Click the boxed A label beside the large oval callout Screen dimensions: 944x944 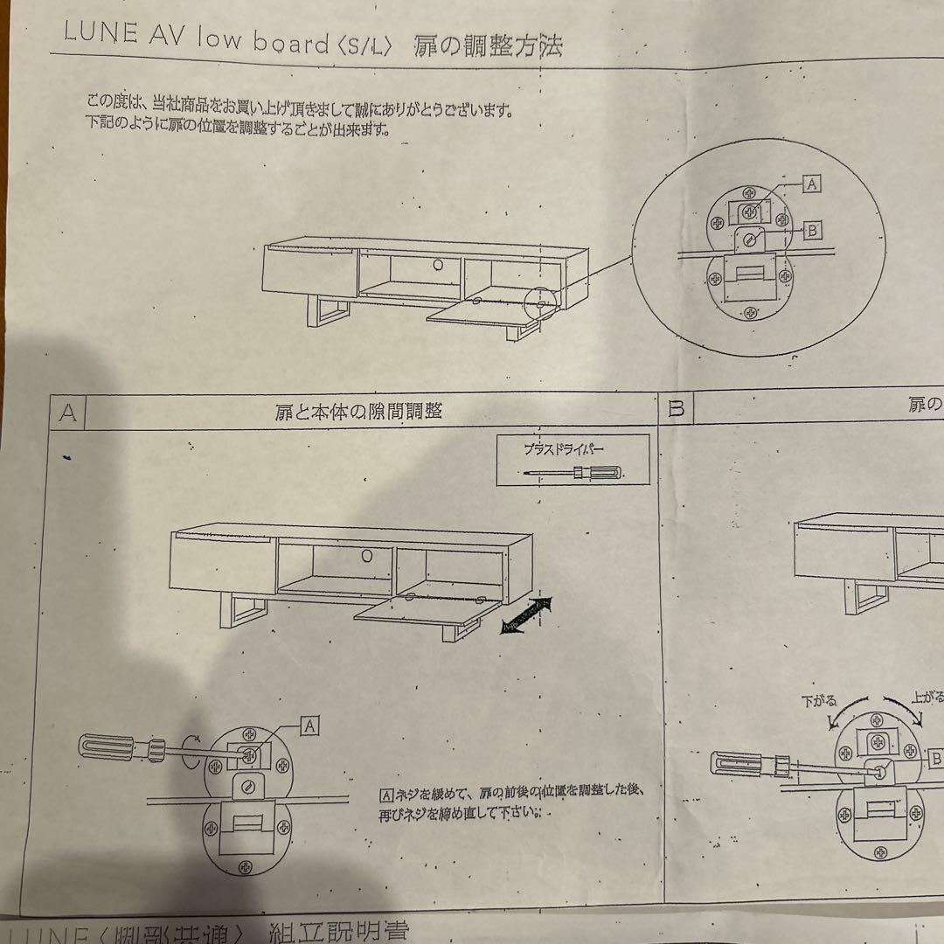pyautogui.click(x=811, y=184)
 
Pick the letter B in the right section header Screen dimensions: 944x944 pyautogui.click(x=676, y=408)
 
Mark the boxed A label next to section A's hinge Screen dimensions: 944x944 pyautogui.click(x=309, y=724)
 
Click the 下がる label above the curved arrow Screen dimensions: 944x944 pyautogui.click(x=819, y=700)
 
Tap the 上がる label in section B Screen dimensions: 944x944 pyautogui.click(x=927, y=698)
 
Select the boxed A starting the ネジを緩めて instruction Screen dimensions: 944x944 pyautogui.click(x=386, y=795)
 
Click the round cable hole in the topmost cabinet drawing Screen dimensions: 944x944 pyautogui.click(x=434, y=263)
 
